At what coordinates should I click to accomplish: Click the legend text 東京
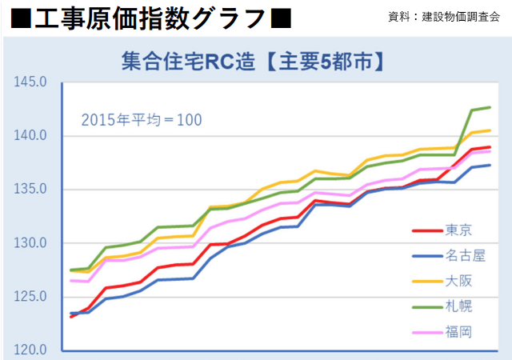coord(458,230)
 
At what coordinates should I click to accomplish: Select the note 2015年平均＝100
coord(142,120)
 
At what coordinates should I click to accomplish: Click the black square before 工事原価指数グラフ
coord(21,16)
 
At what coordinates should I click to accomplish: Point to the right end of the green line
coord(490,107)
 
